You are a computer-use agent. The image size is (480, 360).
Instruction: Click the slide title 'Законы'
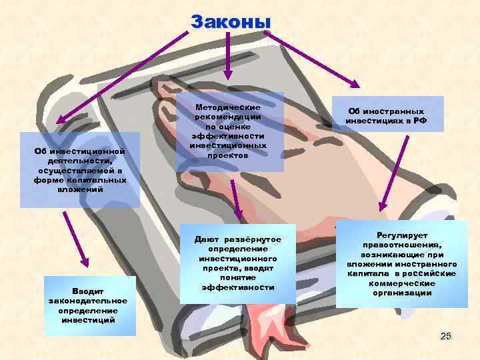click(230, 22)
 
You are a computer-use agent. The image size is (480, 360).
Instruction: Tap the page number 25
click(446, 336)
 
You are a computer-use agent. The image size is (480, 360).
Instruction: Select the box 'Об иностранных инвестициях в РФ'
click(386, 115)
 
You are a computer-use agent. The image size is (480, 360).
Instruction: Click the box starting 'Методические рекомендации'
click(228, 131)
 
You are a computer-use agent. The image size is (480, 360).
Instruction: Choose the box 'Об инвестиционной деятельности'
click(79, 170)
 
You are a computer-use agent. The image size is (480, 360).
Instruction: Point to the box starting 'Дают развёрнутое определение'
click(237, 263)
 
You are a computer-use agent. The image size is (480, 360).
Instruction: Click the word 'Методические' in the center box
click(228, 107)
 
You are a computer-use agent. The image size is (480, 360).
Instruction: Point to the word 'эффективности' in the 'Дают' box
click(237, 287)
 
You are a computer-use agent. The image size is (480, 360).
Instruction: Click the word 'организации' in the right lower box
click(401, 293)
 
